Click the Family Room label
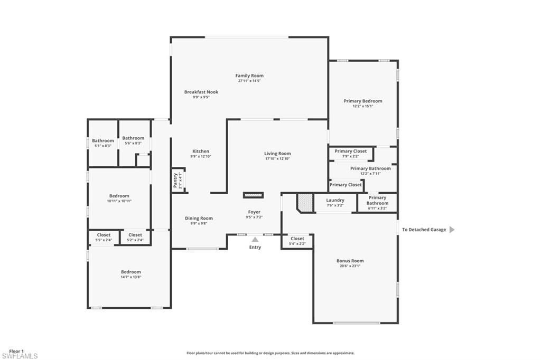click(x=249, y=75)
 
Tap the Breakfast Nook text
click(x=201, y=92)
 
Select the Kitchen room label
click(x=200, y=151)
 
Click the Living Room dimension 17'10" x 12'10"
click(x=277, y=158)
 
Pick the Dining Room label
click(x=199, y=218)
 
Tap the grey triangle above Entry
click(x=255, y=239)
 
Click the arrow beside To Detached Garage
click(x=452, y=230)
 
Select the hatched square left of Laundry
click(x=304, y=202)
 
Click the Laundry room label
click(x=335, y=200)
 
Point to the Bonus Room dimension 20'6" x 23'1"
click(x=350, y=266)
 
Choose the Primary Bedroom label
click(x=362, y=101)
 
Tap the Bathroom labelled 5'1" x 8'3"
click(x=102, y=141)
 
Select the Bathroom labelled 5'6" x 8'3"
click(x=133, y=138)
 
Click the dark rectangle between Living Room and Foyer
click(x=253, y=195)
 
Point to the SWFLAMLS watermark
click(x=20, y=356)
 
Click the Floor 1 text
click(x=16, y=350)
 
